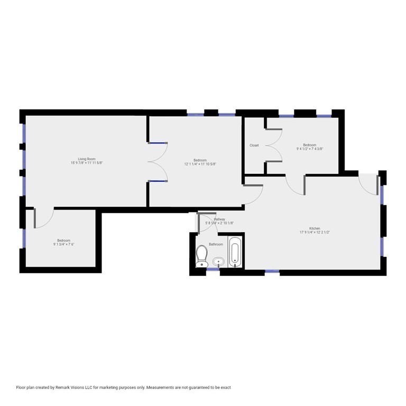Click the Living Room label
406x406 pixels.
(x=87, y=159)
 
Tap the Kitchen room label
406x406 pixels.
(x=315, y=228)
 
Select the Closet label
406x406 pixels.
(x=254, y=145)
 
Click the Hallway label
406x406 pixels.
(x=219, y=219)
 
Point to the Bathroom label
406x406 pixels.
(x=216, y=244)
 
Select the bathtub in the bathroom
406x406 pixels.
(x=236, y=253)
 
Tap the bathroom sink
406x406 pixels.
(x=218, y=262)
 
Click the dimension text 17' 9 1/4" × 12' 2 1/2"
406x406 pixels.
(x=315, y=233)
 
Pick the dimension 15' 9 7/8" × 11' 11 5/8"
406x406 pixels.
(x=87, y=163)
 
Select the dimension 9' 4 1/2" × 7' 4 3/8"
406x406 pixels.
(x=309, y=149)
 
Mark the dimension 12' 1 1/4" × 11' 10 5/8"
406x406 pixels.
(x=200, y=164)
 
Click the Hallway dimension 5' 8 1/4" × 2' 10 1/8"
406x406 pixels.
(x=219, y=223)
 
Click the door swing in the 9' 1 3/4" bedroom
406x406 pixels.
(x=43, y=218)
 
